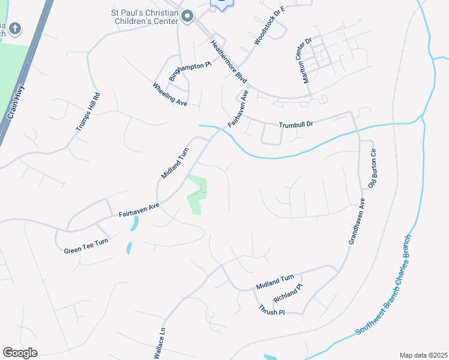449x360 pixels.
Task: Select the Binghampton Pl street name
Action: [x=190, y=70]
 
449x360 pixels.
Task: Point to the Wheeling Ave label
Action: [x=170, y=95]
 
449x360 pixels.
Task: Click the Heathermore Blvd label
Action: [x=229, y=61]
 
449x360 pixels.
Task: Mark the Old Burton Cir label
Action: [x=372, y=168]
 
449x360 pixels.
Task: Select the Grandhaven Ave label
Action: [x=357, y=221]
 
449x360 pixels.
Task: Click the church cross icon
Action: [x=15, y=28]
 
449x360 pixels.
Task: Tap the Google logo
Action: [x=20, y=352]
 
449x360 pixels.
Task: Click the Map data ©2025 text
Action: [x=423, y=355]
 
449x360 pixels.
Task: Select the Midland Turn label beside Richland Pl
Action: [x=275, y=278]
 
